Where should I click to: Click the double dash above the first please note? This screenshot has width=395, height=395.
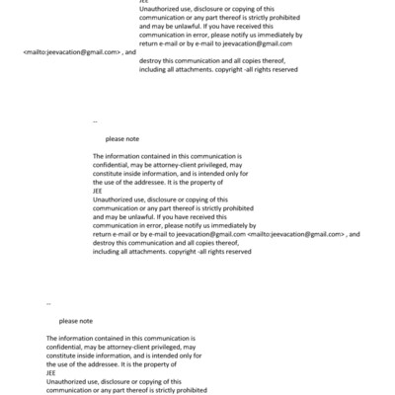[x=95, y=120]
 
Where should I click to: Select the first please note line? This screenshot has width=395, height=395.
[x=121, y=140]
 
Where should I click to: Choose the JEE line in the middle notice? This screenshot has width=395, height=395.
[x=97, y=190]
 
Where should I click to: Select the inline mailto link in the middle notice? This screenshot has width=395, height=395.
[x=296, y=234]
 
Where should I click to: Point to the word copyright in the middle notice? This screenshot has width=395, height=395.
[x=187, y=251]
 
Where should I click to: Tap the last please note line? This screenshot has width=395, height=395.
[x=76, y=321]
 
